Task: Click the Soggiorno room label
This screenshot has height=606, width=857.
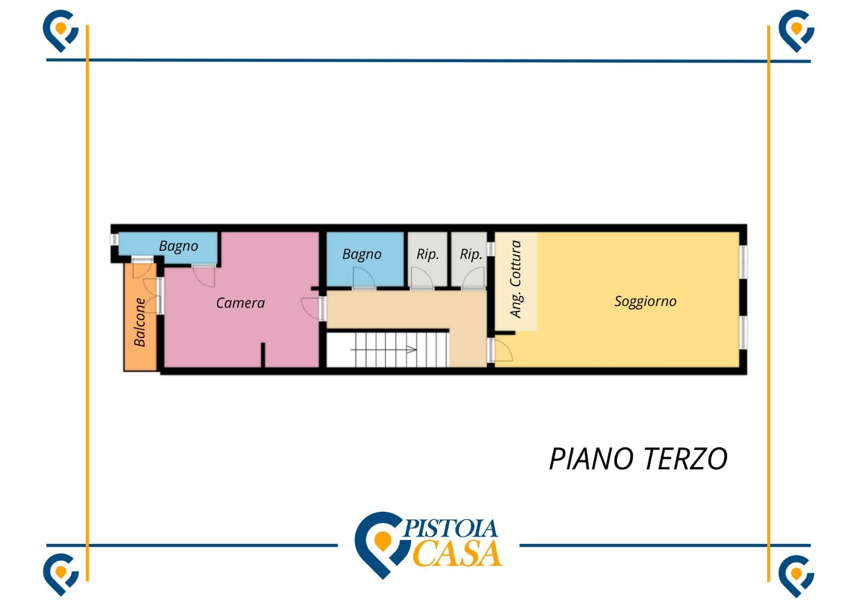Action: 645,301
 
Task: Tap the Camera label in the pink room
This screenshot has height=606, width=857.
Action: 240,303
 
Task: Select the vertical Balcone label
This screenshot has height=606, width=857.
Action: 140,322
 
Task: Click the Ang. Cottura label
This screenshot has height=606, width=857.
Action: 515,279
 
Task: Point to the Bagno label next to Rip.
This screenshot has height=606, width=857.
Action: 362,254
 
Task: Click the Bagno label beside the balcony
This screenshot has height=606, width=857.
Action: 178,246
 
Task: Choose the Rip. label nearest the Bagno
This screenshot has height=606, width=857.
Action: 427,254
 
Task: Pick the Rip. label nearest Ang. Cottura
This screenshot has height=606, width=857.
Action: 471,254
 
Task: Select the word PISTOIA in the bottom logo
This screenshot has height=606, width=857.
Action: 450,529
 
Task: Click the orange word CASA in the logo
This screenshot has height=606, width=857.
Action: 458,554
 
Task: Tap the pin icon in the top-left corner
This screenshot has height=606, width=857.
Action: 61,30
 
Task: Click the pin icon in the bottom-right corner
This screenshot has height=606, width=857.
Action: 796,575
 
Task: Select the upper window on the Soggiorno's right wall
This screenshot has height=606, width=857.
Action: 743,261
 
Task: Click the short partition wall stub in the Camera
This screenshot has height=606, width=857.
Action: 262,355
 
